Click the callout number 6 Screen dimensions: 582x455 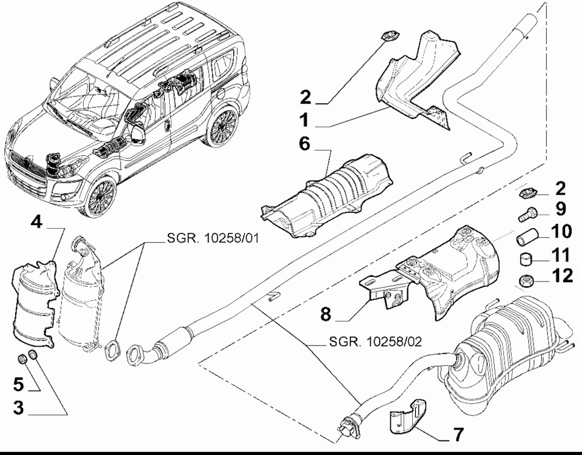pyautogui.click(x=304, y=144)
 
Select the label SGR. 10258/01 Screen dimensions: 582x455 pyautogui.click(x=213, y=238)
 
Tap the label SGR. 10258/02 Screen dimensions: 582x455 pyautogui.click(x=375, y=342)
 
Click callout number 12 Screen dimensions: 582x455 pyautogui.click(x=562, y=275)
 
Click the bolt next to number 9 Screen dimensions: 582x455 pyautogui.click(x=527, y=214)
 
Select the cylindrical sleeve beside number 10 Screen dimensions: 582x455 pyautogui.click(x=526, y=238)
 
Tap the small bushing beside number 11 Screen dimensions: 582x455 pyautogui.click(x=526, y=259)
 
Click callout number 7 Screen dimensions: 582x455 pyautogui.click(x=459, y=434)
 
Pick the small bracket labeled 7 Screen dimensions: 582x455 pyautogui.click(x=408, y=416)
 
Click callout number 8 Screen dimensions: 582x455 pyautogui.click(x=325, y=314)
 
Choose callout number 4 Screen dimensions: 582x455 pyautogui.click(x=36, y=222)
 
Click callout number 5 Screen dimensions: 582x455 pyautogui.click(x=18, y=383)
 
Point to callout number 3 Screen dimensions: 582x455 pyautogui.click(x=18, y=407)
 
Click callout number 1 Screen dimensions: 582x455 pyautogui.click(x=304, y=120)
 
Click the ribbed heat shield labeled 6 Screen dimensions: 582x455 pyautogui.click(x=327, y=196)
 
